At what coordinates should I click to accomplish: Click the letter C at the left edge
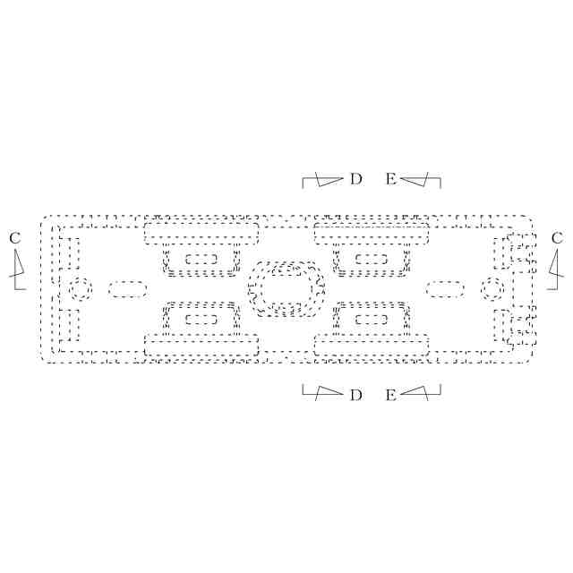pyautogui.click(x=14, y=238)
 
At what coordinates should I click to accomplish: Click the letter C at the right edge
pyautogui.click(x=557, y=238)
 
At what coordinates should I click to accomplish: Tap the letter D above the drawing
pyautogui.click(x=355, y=179)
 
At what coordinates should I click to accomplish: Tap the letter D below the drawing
pyautogui.click(x=355, y=395)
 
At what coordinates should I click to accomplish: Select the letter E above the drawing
pyautogui.click(x=390, y=179)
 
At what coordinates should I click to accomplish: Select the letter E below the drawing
pyautogui.click(x=390, y=395)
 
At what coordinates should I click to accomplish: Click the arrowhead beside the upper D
pyautogui.click(x=329, y=180)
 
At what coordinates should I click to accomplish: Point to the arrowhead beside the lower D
pyautogui.click(x=329, y=392)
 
